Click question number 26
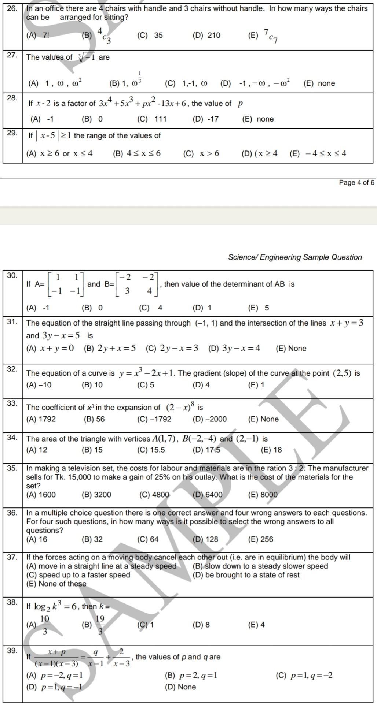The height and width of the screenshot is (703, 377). pos(12,8)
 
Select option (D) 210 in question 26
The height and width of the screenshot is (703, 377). pos(206,36)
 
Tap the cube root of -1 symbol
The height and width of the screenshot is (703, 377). pos(87,57)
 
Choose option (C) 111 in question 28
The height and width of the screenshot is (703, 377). pos(152,119)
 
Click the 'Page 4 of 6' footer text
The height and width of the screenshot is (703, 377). pos(356,182)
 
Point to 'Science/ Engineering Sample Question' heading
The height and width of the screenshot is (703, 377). pos(295,257)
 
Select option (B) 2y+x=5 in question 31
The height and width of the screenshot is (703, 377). pos(110,348)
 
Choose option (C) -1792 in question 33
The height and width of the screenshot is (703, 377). pos(154,419)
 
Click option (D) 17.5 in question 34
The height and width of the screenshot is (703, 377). pos(206,450)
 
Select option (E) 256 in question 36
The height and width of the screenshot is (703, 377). pos(260,539)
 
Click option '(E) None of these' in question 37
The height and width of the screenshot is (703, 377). pos(56,584)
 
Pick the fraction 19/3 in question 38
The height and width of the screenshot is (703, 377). pos(100,625)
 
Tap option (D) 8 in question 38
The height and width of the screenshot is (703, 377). pos(201,625)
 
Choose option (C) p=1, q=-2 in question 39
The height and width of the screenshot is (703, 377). pos(304,676)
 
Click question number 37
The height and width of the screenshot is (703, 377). pos(12,557)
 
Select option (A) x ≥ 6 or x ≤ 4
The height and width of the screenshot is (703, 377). pos(60,154)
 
